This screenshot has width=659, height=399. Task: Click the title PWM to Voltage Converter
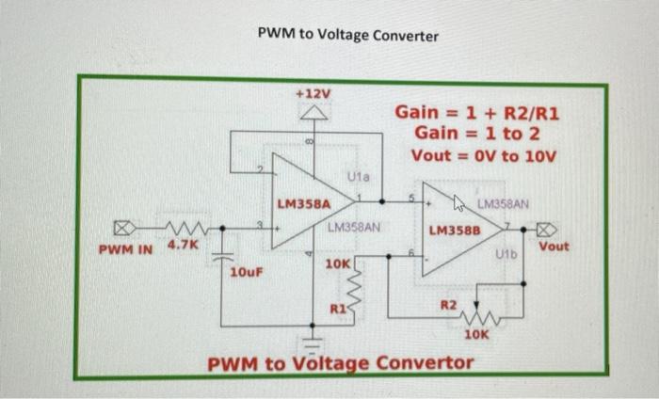point(348,36)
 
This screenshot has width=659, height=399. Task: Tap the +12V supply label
point(313,94)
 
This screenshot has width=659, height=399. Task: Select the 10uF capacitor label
point(247,273)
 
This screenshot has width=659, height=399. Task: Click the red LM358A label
point(302,203)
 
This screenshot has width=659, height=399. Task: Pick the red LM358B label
point(455,230)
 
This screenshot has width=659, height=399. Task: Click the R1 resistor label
point(337,308)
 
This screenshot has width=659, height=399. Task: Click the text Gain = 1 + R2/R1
point(478,113)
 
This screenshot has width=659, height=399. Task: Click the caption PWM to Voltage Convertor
point(340,363)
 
